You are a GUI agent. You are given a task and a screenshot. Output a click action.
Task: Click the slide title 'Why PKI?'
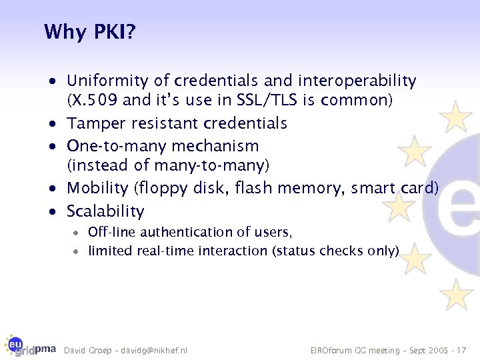click(x=89, y=32)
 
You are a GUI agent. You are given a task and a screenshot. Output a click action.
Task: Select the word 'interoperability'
click(x=357, y=81)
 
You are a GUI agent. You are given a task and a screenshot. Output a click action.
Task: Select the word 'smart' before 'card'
click(x=367, y=188)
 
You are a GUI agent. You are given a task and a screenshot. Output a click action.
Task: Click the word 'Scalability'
click(x=105, y=211)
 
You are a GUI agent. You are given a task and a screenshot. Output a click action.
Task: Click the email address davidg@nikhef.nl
click(x=155, y=351)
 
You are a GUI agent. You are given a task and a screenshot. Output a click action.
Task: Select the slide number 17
click(x=463, y=351)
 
